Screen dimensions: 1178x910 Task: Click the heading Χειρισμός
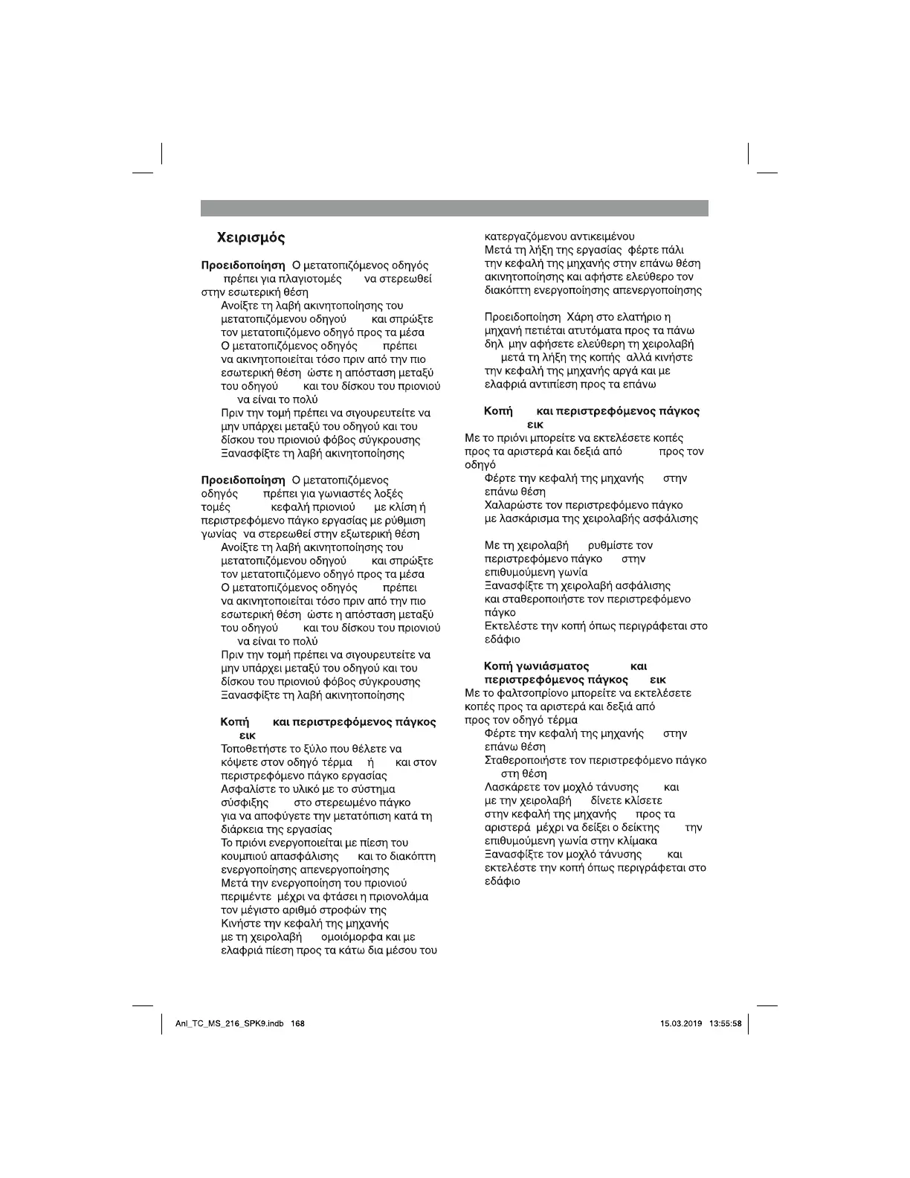251,238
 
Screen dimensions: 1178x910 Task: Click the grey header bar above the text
454,208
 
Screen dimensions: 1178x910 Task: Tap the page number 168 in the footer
298,1024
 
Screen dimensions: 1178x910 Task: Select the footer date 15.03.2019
681,1024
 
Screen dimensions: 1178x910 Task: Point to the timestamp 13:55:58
726,1024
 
